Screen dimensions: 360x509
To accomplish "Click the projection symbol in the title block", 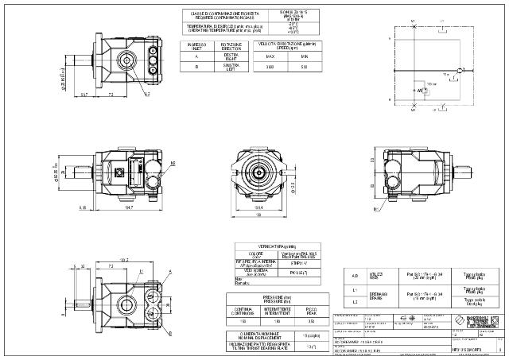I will coord(407,320).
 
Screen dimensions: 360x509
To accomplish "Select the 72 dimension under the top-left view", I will coord(111,95).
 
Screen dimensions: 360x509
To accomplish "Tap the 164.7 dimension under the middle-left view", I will coord(128,207).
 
